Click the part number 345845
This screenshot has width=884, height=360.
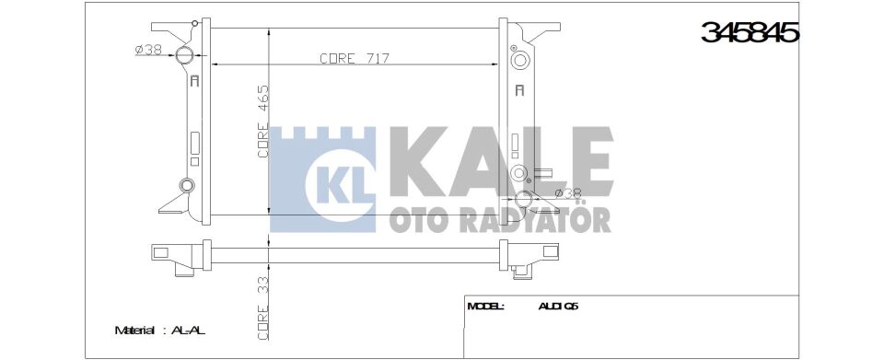coord(750,32)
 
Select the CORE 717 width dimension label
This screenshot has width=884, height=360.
coord(355,58)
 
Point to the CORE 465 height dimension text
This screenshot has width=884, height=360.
coord(262,122)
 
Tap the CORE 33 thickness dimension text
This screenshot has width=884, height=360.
coord(262,308)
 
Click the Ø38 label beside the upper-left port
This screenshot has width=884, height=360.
coord(148,50)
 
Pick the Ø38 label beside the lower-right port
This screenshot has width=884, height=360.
coord(568,192)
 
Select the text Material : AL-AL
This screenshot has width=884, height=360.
coord(159,331)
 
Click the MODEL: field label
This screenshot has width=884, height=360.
coord(486,307)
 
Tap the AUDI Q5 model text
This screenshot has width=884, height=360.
coord(558,307)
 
